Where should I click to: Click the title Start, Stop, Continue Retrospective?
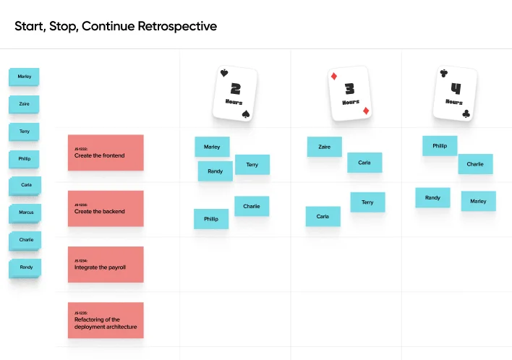(x=116, y=27)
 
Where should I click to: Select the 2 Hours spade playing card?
(x=235, y=93)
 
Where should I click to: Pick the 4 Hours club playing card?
(x=456, y=93)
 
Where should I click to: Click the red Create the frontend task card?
(x=106, y=153)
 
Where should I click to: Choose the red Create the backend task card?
(x=106, y=208)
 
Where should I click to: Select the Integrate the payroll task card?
(x=106, y=264)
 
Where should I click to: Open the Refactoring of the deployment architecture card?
(x=106, y=320)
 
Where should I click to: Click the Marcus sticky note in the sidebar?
(x=26, y=213)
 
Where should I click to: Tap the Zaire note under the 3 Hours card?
(x=325, y=147)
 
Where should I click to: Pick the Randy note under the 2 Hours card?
(x=215, y=171)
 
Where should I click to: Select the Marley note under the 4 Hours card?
(x=478, y=201)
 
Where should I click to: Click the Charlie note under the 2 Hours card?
(x=252, y=206)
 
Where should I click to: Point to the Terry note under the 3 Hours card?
(x=367, y=202)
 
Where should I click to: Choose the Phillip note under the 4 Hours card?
(x=440, y=145)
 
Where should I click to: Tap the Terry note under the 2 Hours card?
(x=252, y=165)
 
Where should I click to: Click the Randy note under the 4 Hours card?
(x=432, y=197)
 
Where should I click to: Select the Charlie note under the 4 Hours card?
(x=475, y=164)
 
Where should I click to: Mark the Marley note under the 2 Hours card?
(x=212, y=147)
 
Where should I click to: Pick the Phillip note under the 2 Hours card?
(x=210, y=218)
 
